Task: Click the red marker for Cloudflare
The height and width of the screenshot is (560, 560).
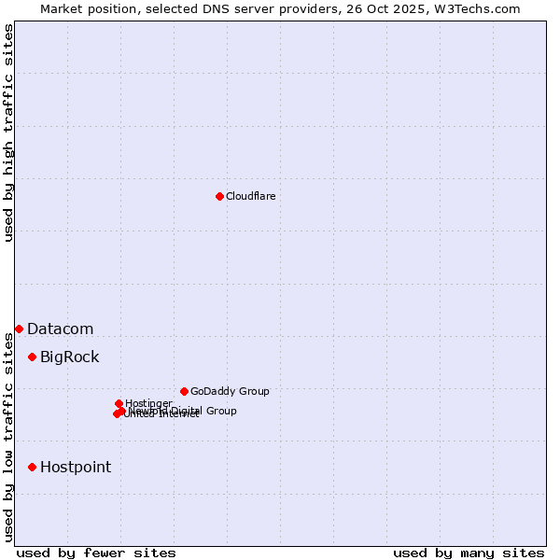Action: (219, 196)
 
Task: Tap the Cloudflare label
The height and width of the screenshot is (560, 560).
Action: (250, 196)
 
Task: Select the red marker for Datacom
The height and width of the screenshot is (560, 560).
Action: (19, 329)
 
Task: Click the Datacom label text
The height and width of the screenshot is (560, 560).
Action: (60, 329)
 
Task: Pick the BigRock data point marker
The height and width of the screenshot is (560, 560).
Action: (32, 357)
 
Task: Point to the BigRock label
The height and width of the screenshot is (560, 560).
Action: (69, 357)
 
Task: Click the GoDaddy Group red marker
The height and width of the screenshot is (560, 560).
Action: (184, 391)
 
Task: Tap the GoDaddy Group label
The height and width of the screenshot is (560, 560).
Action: (230, 391)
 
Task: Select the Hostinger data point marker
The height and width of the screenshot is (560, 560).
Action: (119, 403)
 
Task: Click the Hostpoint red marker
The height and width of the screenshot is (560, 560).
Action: (32, 467)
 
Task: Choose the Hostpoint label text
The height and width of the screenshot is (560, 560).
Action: (75, 467)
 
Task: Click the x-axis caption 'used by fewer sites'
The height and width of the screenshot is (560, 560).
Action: (96, 553)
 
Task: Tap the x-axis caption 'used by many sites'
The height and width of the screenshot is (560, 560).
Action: (469, 553)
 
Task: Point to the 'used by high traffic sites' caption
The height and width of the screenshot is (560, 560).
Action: (8, 133)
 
